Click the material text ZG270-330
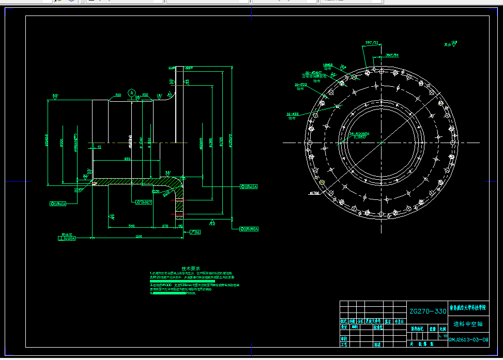pos(428,311)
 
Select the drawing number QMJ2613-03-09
pos(468,339)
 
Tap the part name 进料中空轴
pos(468,324)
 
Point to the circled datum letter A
pos(132,93)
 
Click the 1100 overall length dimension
pos(139,236)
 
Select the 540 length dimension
pos(131,226)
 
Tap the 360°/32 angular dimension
pos(372,42)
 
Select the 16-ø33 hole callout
pos(293,114)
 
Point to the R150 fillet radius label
pos(156,191)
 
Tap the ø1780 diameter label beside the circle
pos(314,193)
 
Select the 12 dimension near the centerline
pos(99,147)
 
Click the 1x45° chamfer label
pos(79,190)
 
